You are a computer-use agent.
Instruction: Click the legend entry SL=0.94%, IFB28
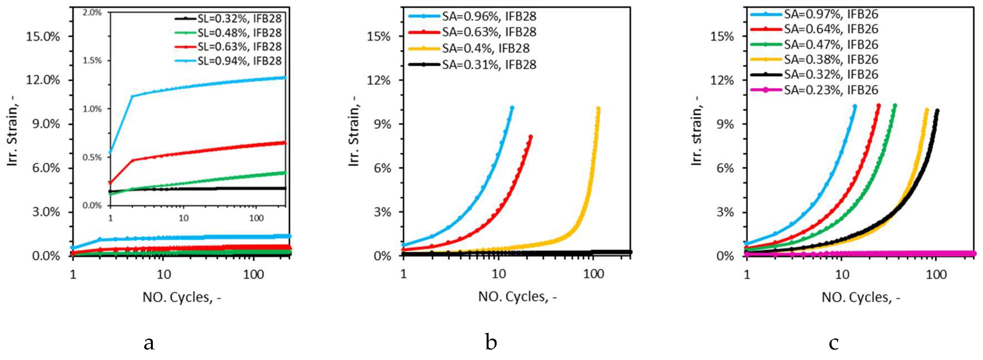tap(239, 61)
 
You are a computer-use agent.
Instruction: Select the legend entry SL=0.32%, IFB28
tap(239, 18)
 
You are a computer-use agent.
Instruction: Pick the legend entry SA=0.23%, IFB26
tap(831, 90)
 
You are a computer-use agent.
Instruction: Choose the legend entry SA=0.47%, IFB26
tap(831, 45)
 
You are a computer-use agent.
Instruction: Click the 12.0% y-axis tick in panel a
tap(43, 80)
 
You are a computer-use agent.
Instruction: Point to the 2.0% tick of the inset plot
tap(92, 13)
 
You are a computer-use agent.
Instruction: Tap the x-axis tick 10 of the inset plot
tap(183, 218)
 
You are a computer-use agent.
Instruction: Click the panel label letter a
tap(149, 343)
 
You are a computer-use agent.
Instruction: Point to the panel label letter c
tap(834, 343)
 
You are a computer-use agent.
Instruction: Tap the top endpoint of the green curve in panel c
tap(895, 105)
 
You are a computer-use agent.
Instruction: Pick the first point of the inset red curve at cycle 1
tap(110, 183)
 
